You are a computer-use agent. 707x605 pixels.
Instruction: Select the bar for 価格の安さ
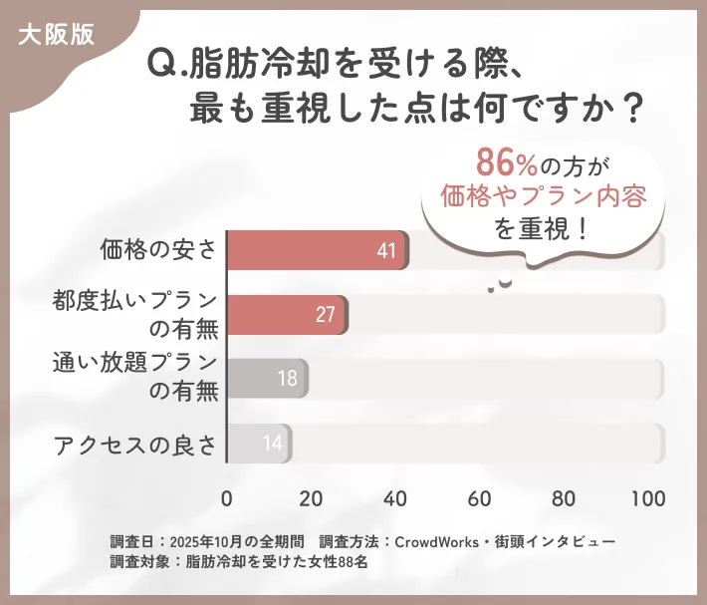click(x=317, y=250)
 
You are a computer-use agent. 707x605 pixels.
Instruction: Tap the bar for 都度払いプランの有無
click(x=287, y=314)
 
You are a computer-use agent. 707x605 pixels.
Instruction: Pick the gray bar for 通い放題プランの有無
click(x=267, y=379)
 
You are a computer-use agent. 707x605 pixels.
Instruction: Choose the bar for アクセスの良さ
click(x=259, y=443)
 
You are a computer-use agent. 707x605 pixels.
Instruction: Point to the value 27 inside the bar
click(x=326, y=315)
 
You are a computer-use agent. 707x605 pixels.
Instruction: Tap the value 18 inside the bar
click(x=286, y=379)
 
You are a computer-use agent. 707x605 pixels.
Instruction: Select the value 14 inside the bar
click(x=272, y=443)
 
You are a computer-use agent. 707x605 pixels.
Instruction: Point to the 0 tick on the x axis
click(x=227, y=498)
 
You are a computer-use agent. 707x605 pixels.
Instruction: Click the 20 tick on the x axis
click(x=312, y=498)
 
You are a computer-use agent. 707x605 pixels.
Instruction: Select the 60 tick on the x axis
click(x=480, y=498)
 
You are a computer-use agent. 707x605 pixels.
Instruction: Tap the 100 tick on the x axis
click(x=647, y=498)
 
